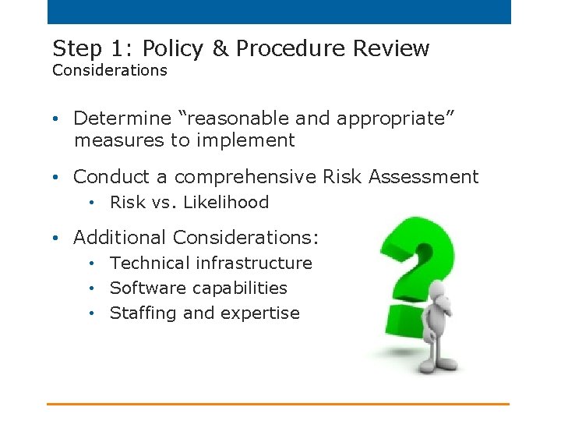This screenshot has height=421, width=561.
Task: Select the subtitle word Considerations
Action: pos(110,71)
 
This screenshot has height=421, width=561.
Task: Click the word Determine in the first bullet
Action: pos(122,119)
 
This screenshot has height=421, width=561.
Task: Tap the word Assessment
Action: pos(424,178)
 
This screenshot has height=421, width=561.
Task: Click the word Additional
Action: pos(120,238)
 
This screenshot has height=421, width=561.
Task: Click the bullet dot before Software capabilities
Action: pos(92,288)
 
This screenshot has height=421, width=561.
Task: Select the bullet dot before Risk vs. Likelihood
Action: pos(92,203)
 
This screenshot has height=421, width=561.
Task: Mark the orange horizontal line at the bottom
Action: pos(277,404)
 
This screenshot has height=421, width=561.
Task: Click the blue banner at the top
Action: pos(279,12)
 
